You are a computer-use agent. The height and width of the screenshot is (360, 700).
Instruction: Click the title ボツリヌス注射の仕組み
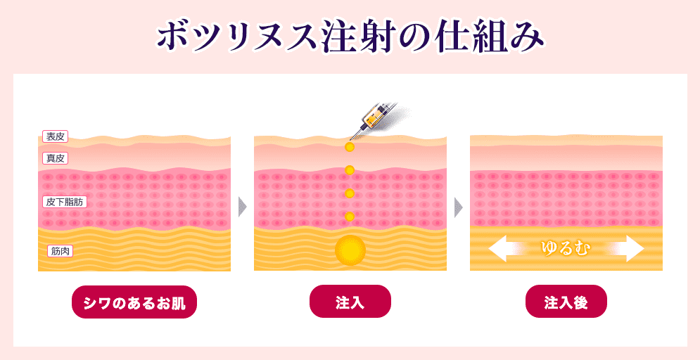(x=350, y=37)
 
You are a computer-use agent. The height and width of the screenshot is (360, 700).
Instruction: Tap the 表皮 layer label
(x=55, y=136)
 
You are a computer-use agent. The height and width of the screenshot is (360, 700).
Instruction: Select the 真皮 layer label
(x=55, y=158)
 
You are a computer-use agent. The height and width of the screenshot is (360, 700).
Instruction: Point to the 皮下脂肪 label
(x=64, y=202)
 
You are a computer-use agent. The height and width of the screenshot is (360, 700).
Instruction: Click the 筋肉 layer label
(x=60, y=252)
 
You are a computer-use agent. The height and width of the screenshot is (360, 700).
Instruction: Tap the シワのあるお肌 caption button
(x=134, y=302)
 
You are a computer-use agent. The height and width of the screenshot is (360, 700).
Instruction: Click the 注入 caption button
(x=350, y=302)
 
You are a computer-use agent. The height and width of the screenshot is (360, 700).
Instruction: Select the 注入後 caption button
(x=566, y=302)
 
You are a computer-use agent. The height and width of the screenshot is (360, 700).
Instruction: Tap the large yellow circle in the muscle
(x=350, y=250)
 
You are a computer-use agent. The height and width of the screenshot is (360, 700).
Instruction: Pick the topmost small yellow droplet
(x=350, y=146)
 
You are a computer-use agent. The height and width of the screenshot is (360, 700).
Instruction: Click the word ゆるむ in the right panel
(x=565, y=249)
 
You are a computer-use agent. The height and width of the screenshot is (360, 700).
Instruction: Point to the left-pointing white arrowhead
(x=499, y=249)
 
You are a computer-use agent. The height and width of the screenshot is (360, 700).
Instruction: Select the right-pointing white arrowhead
(x=632, y=249)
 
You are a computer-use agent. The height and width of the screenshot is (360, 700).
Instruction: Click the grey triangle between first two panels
(x=243, y=207)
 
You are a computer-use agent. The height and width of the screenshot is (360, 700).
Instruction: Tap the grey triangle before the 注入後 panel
(x=459, y=207)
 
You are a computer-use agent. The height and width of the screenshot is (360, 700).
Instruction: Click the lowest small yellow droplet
(x=350, y=217)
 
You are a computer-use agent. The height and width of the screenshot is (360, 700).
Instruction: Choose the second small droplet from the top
(x=350, y=169)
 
